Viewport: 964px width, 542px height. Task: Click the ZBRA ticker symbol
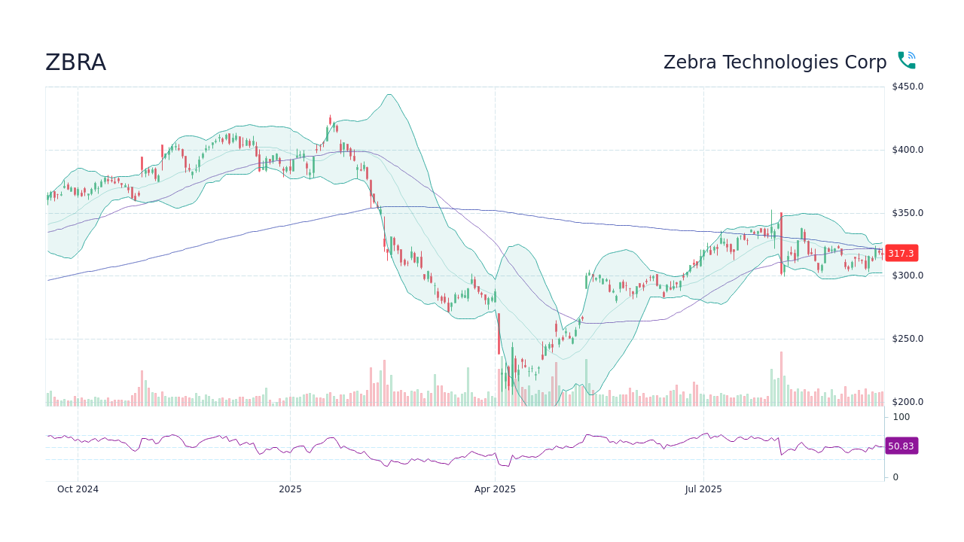pos(75,62)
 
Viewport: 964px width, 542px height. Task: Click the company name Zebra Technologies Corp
pos(774,62)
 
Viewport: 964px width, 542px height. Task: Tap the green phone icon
pos(906,60)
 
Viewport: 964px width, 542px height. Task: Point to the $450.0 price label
pos(907,87)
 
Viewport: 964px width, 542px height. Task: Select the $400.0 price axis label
pos(907,150)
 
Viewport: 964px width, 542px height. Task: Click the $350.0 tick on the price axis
pos(907,213)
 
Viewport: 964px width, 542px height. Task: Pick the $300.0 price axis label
pos(907,276)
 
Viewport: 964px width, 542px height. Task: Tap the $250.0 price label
pos(907,339)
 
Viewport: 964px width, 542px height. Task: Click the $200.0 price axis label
pos(907,402)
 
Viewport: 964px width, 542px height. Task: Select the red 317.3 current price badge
pos(901,254)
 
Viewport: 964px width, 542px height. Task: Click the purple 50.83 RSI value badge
pos(901,446)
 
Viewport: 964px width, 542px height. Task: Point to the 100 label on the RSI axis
pos(901,417)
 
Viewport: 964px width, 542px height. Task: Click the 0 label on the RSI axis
pos(895,477)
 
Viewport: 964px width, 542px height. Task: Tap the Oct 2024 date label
pos(78,489)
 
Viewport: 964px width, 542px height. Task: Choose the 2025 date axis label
pos(290,489)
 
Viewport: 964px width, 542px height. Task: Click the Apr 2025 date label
pos(495,489)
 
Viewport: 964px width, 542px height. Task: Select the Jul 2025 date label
pos(703,489)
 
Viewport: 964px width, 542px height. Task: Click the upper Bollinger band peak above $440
pos(389,95)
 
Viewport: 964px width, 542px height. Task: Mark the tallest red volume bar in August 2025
pos(781,379)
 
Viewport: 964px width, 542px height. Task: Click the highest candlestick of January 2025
pos(330,120)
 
